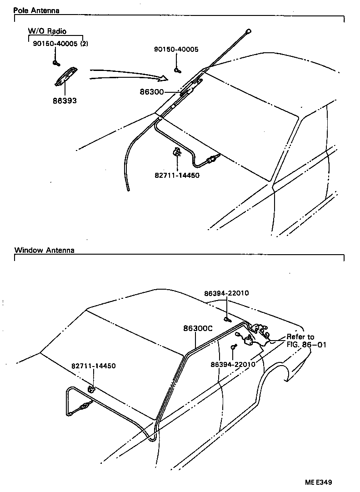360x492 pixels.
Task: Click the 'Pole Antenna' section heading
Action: [36, 10]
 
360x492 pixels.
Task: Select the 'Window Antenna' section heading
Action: [44, 250]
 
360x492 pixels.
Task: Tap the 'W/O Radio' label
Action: [47, 31]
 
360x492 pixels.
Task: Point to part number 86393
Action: [64, 101]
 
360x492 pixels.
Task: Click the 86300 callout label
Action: [152, 92]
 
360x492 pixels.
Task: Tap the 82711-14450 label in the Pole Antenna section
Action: [177, 175]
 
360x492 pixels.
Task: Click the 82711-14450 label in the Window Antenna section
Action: [93, 366]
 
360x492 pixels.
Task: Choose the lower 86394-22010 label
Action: [233, 364]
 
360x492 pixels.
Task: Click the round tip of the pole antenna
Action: [248, 31]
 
